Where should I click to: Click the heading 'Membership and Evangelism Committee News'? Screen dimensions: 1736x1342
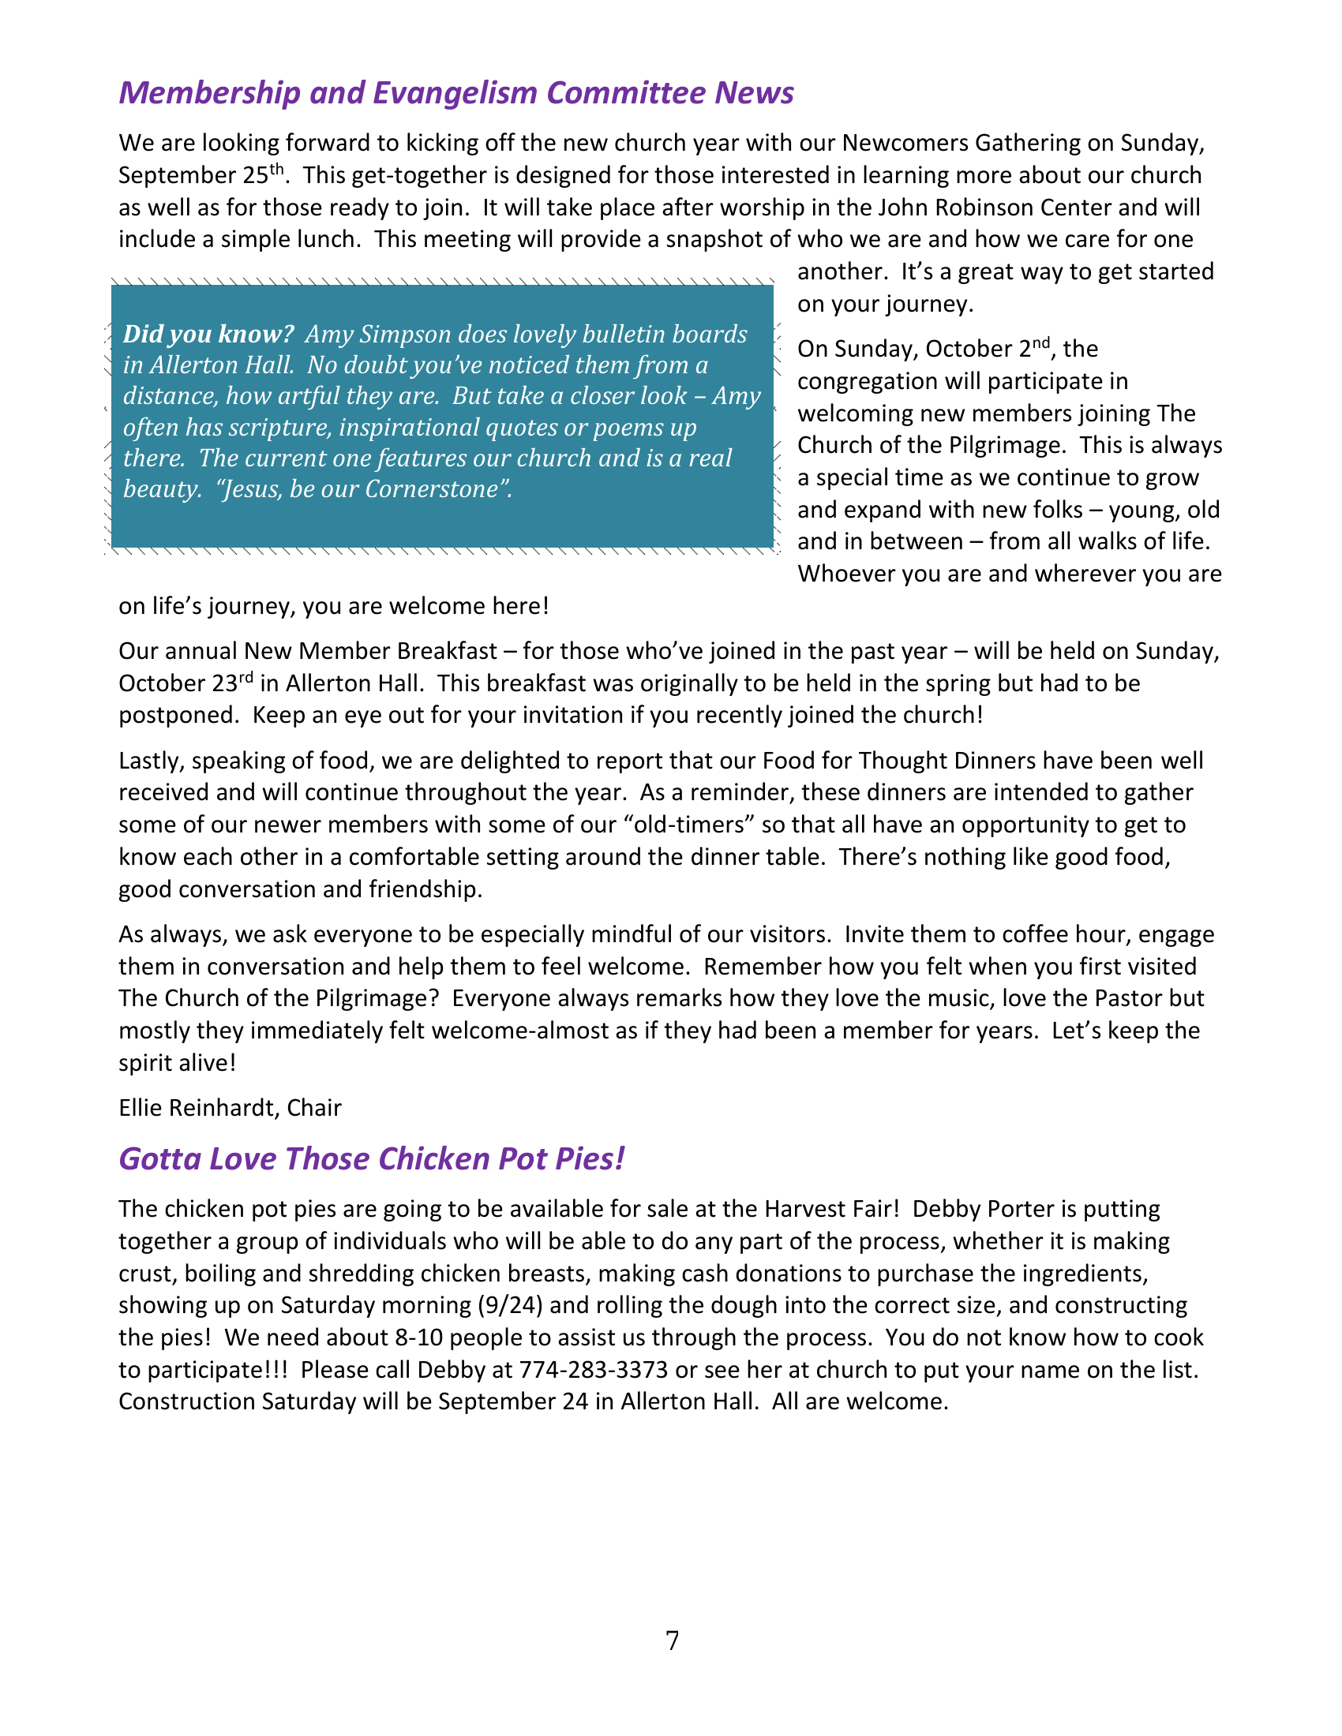coord(455,93)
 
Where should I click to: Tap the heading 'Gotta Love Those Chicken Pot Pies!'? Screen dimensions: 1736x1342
coord(371,1159)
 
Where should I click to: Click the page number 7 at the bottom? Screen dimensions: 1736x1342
coord(673,1641)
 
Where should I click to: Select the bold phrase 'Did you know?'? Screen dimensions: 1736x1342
coord(208,334)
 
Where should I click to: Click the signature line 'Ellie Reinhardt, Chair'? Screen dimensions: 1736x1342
coord(230,1107)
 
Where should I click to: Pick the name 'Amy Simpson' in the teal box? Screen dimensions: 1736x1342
coord(373,334)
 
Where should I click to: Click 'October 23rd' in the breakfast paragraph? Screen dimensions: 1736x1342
coord(186,683)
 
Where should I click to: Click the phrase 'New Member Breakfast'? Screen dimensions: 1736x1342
coord(370,651)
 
